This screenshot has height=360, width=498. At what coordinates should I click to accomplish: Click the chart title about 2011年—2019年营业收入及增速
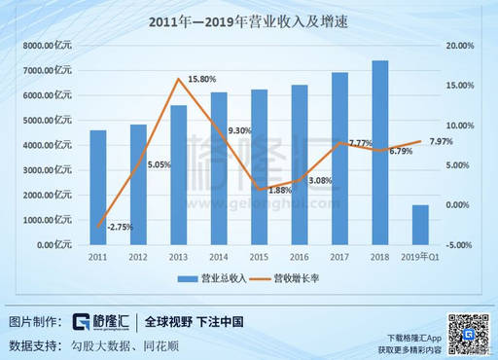(248, 20)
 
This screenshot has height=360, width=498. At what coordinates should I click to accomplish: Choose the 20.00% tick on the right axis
(459, 46)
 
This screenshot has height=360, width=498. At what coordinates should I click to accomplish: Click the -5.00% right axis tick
(459, 245)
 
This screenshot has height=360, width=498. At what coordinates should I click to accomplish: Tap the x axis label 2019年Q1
(420, 258)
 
